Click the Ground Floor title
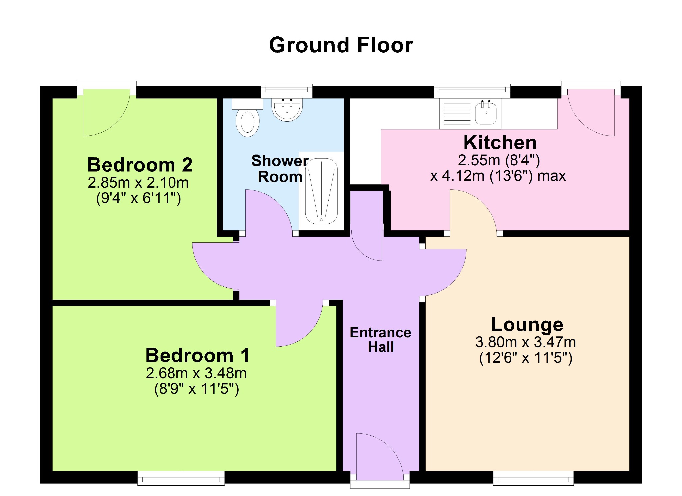point(341,45)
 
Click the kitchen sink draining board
point(457,113)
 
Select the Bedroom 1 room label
point(197,355)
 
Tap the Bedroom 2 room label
point(140,165)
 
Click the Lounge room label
point(527,325)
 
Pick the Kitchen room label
point(500,142)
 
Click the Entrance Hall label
point(381,340)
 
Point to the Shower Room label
point(280,169)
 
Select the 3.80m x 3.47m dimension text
point(525,342)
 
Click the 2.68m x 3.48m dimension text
point(196,373)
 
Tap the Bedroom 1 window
point(181,478)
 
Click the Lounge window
point(533,478)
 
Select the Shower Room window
point(287,91)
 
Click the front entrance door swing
point(380,457)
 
